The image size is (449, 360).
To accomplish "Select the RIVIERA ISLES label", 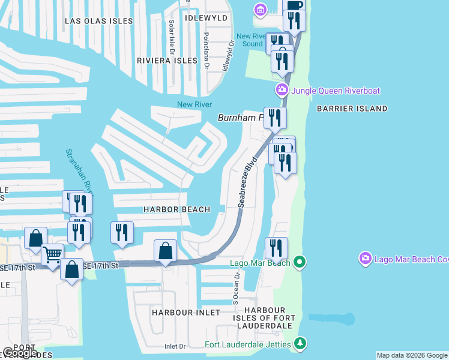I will pyautogui.click(x=167, y=61).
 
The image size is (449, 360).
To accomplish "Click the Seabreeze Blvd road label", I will pyautogui.click(x=247, y=182).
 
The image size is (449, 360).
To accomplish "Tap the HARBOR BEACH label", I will pyautogui.click(x=176, y=209).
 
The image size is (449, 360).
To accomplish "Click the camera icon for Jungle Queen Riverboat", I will pyautogui.click(x=281, y=91).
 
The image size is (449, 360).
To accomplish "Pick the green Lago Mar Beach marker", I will pyautogui.click(x=300, y=262).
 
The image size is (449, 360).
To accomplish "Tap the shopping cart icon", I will pyautogui.click(x=52, y=255).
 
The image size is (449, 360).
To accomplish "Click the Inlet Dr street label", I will pyautogui.click(x=175, y=346).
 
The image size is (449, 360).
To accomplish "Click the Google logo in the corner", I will pyautogui.click(x=19, y=353).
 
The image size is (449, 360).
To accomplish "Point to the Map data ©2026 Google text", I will pyautogui.click(x=412, y=355).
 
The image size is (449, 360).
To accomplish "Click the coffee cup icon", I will pyautogui.click(x=294, y=5).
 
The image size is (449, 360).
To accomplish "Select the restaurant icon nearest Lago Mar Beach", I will pyautogui.click(x=276, y=247).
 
